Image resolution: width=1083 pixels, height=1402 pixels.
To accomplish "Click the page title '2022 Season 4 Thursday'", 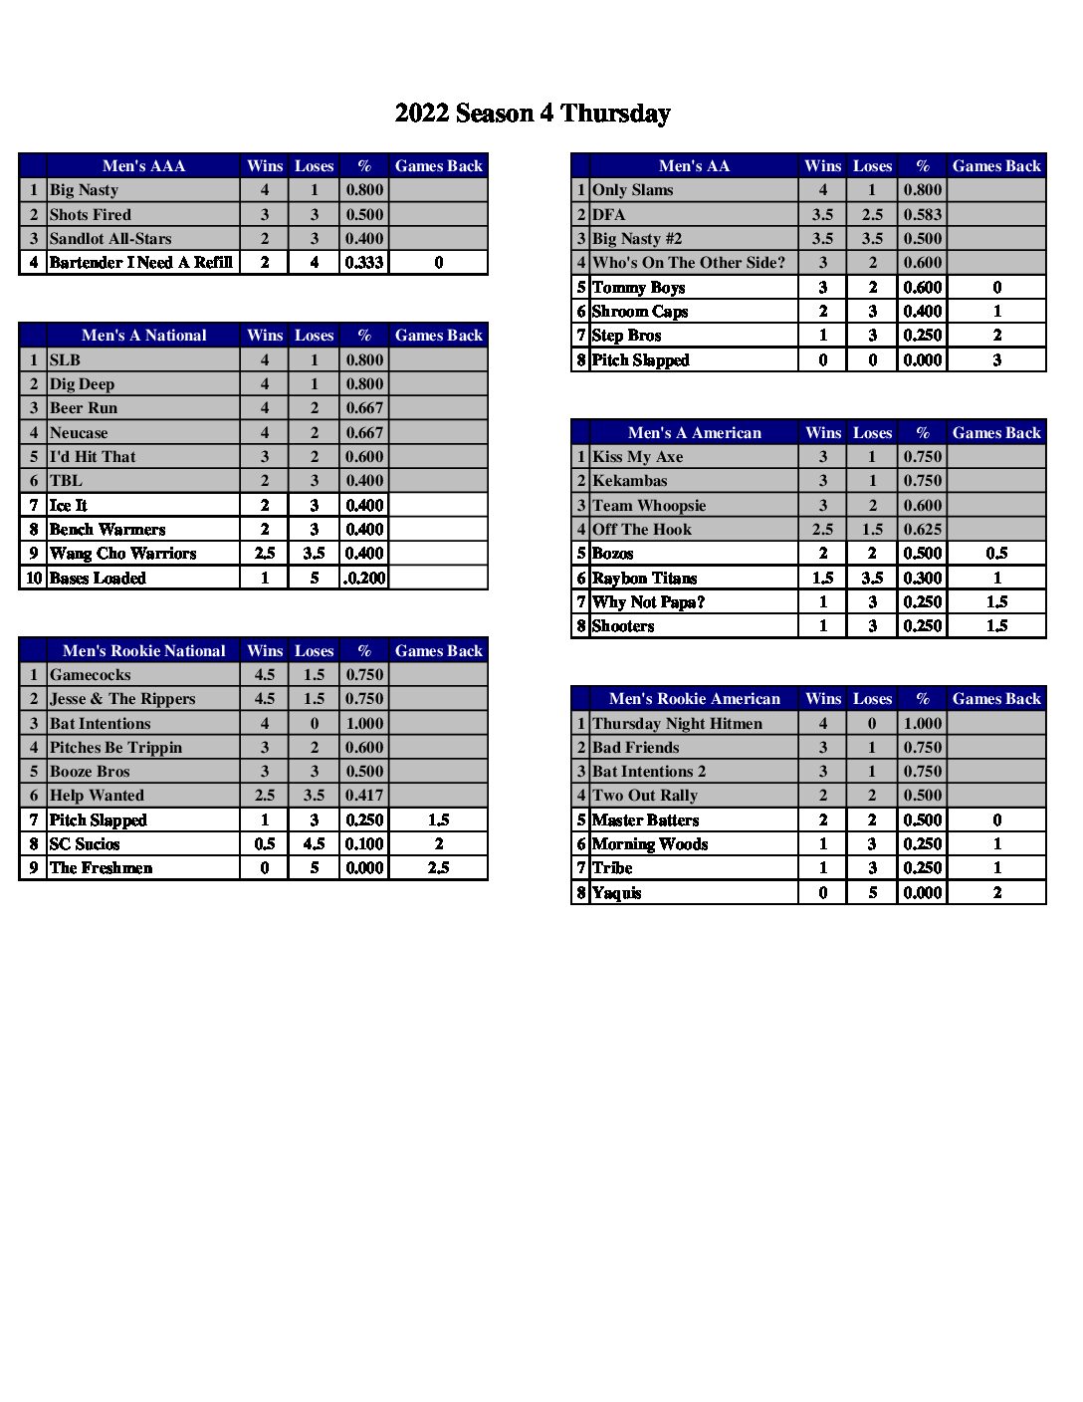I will click(x=533, y=114).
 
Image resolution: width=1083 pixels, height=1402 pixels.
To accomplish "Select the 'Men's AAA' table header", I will click(x=143, y=166).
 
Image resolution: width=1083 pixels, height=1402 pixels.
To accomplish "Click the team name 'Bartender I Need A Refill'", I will click(x=140, y=263).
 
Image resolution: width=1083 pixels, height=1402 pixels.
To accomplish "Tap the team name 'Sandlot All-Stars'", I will click(x=110, y=239).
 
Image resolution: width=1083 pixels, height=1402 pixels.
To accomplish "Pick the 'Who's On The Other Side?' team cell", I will click(x=688, y=263).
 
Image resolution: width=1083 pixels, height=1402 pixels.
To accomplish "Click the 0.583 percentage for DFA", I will click(x=922, y=215).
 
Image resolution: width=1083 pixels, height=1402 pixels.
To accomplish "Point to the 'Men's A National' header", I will click(x=143, y=336).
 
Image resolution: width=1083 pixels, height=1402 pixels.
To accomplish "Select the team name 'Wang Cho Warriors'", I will click(x=122, y=554).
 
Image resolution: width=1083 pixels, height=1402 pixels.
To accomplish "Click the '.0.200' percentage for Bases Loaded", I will click(x=364, y=579).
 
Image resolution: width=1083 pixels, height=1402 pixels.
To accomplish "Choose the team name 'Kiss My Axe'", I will click(x=637, y=457).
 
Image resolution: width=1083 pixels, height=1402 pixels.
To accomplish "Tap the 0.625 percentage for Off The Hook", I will click(x=922, y=530).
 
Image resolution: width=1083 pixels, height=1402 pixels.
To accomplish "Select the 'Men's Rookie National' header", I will click(x=143, y=651).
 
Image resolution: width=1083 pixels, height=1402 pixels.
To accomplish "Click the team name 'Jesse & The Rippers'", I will click(x=122, y=699).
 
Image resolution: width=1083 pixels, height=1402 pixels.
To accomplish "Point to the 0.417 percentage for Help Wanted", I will click(x=364, y=796).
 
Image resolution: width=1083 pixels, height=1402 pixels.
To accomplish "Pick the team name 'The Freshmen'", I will click(x=101, y=868).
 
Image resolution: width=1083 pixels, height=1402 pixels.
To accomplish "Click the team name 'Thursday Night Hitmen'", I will click(x=677, y=724).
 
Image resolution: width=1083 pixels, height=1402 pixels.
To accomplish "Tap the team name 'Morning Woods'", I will click(x=649, y=844).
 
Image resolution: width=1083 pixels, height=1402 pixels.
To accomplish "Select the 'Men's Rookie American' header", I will click(x=694, y=699).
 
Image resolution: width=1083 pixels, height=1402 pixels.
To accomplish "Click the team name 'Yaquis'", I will click(x=616, y=893).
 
